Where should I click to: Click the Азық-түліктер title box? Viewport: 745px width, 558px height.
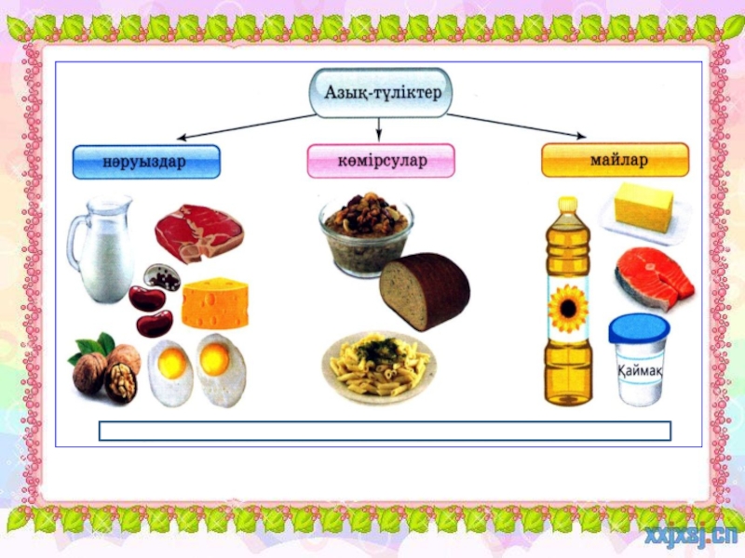(x=380, y=93)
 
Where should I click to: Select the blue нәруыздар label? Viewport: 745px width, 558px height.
(x=146, y=162)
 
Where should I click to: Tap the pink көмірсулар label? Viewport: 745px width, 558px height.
(x=381, y=161)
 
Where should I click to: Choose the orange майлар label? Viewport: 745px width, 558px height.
(x=615, y=160)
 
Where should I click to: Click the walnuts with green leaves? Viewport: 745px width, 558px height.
(x=104, y=366)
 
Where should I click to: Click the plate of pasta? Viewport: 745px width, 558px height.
(x=378, y=366)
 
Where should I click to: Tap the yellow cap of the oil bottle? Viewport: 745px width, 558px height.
(x=568, y=205)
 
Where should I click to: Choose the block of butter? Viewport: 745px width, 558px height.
(x=643, y=208)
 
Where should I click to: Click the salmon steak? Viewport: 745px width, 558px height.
(x=654, y=275)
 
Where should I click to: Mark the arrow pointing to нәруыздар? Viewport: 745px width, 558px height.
(x=242, y=126)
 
